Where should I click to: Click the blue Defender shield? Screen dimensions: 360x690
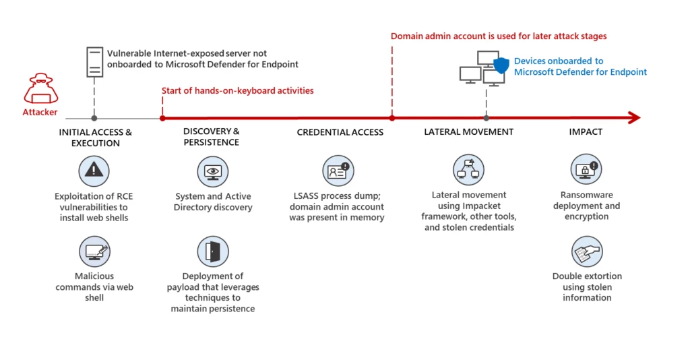(x=501, y=65)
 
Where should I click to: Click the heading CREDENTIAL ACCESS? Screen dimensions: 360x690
(x=340, y=132)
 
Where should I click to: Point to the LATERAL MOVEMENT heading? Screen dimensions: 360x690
(x=468, y=131)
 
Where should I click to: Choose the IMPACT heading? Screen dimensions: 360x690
(x=586, y=131)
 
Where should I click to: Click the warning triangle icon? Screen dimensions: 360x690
(x=94, y=171)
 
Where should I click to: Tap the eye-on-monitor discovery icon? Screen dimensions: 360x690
(x=213, y=171)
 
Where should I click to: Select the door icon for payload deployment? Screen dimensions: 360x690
(x=213, y=251)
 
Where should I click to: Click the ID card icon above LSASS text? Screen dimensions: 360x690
(x=338, y=171)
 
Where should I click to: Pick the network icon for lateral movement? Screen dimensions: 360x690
(x=468, y=170)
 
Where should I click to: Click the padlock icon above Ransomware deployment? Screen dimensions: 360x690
(x=586, y=169)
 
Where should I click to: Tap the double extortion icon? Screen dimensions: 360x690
(x=586, y=251)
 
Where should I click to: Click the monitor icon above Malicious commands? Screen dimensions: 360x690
(x=94, y=251)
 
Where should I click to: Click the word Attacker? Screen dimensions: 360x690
(x=40, y=112)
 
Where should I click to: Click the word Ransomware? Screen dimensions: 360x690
(x=568, y=195)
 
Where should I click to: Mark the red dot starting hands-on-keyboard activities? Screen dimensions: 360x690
(x=162, y=118)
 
